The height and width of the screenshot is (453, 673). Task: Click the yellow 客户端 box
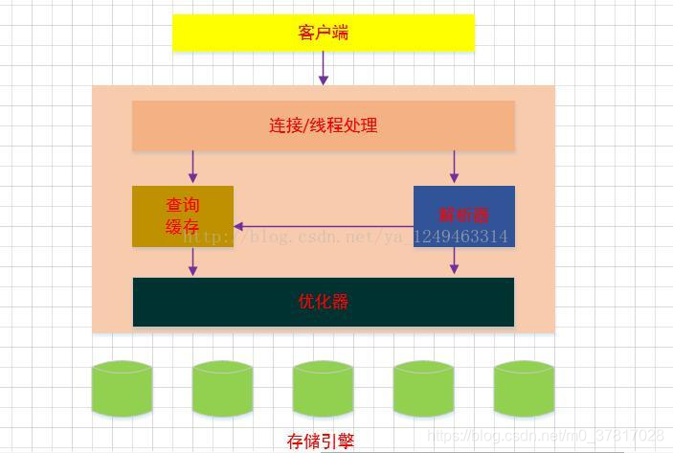323,33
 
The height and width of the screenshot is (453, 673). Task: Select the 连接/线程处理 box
323,125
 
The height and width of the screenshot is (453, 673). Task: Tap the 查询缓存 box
182,215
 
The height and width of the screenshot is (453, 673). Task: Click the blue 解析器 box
463,215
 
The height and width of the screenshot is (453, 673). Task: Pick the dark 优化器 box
323,302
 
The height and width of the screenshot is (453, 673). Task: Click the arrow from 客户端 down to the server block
324,67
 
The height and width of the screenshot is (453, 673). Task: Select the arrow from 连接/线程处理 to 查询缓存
192,167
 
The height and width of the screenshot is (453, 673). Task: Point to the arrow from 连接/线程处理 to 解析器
454,167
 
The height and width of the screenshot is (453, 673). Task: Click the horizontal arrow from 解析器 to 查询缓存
324,227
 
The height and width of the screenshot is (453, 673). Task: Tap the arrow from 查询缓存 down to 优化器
192,261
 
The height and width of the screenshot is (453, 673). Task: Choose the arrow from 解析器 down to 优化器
454,260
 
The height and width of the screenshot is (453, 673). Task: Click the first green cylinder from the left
122,388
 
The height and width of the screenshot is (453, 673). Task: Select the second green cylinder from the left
222,388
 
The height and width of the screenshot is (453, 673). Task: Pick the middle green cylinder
323,388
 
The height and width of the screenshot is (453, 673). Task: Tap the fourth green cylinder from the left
423,388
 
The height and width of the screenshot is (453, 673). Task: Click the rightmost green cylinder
524,388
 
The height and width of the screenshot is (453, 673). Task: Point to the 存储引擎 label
321,441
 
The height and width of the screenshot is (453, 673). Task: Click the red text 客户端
323,33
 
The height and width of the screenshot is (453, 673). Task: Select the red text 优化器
323,302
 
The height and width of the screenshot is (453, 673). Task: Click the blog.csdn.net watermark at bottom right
546,436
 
